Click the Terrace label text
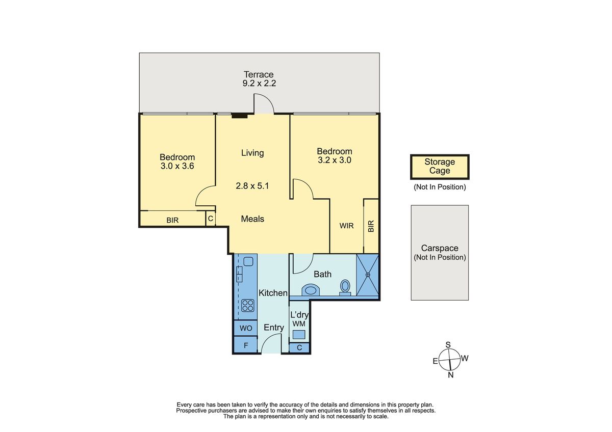click(x=259, y=74)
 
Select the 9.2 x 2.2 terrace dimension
click(x=259, y=83)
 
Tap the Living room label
click(x=252, y=153)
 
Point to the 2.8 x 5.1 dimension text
click(x=252, y=186)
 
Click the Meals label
click(x=252, y=219)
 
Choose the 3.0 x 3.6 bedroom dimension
click(x=177, y=166)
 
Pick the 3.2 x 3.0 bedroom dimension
click(x=335, y=160)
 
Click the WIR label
click(x=346, y=226)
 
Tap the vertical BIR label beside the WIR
click(x=371, y=226)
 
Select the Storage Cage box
click(x=440, y=167)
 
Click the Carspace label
click(x=440, y=248)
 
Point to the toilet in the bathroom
click(x=345, y=288)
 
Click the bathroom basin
click(x=311, y=290)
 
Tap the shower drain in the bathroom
click(x=368, y=275)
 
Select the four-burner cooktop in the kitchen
click(x=248, y=305)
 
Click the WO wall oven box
click(x=246, y=328)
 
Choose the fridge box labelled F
click(x=246, y=345)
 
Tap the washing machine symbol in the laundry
click(x=299, y=334)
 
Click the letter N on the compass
click(x=450, y=375)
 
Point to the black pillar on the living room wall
click(x=240, y=116)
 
